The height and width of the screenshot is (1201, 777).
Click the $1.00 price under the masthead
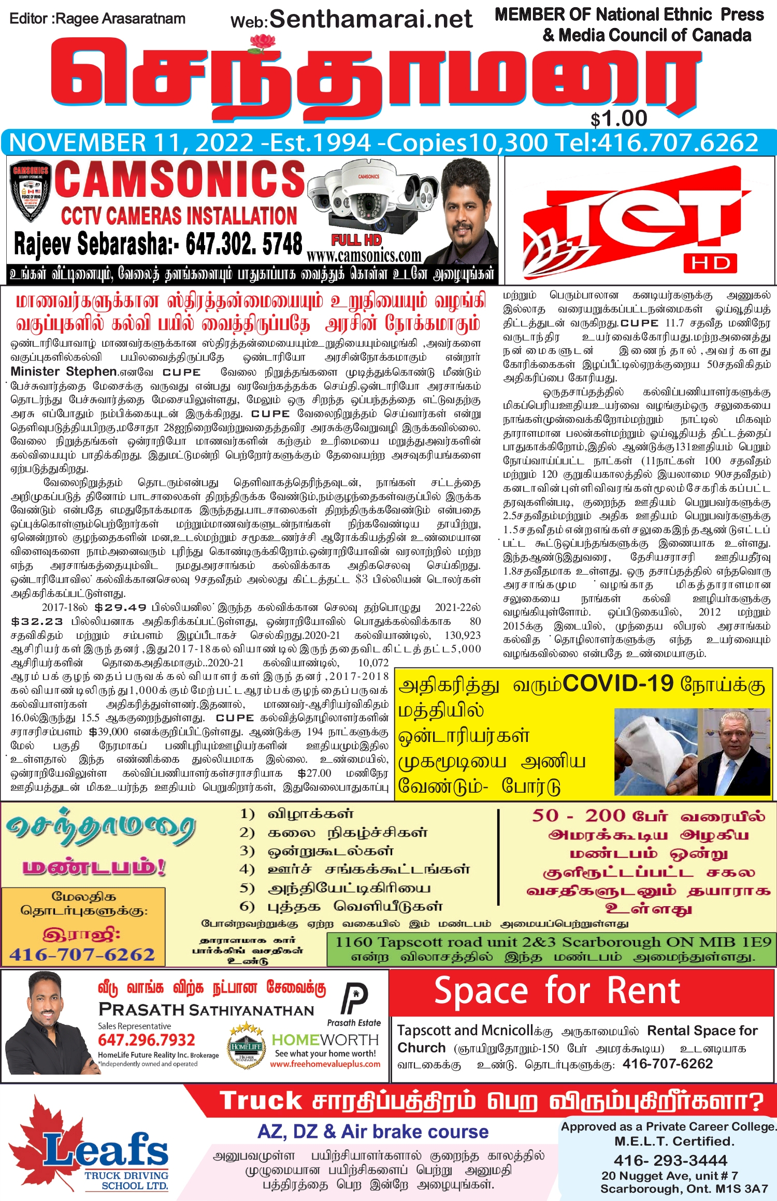pos(619,119)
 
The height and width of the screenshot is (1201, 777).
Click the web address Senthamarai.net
pos(371,19)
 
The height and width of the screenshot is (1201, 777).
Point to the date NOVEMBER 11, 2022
pos(132,143)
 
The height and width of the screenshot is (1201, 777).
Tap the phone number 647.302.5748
pos(243,244)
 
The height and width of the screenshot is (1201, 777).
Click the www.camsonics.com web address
pos(364,256)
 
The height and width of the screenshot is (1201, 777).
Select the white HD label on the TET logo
pos(710,263)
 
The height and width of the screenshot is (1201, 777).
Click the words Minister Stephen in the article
pos(64,371)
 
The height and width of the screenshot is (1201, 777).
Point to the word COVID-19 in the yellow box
pos(618,684)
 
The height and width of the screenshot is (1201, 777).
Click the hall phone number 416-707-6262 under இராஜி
pos(82,954)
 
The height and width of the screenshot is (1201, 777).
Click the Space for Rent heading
pos(557,991)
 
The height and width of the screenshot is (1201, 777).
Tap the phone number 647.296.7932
pos(147,1040)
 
